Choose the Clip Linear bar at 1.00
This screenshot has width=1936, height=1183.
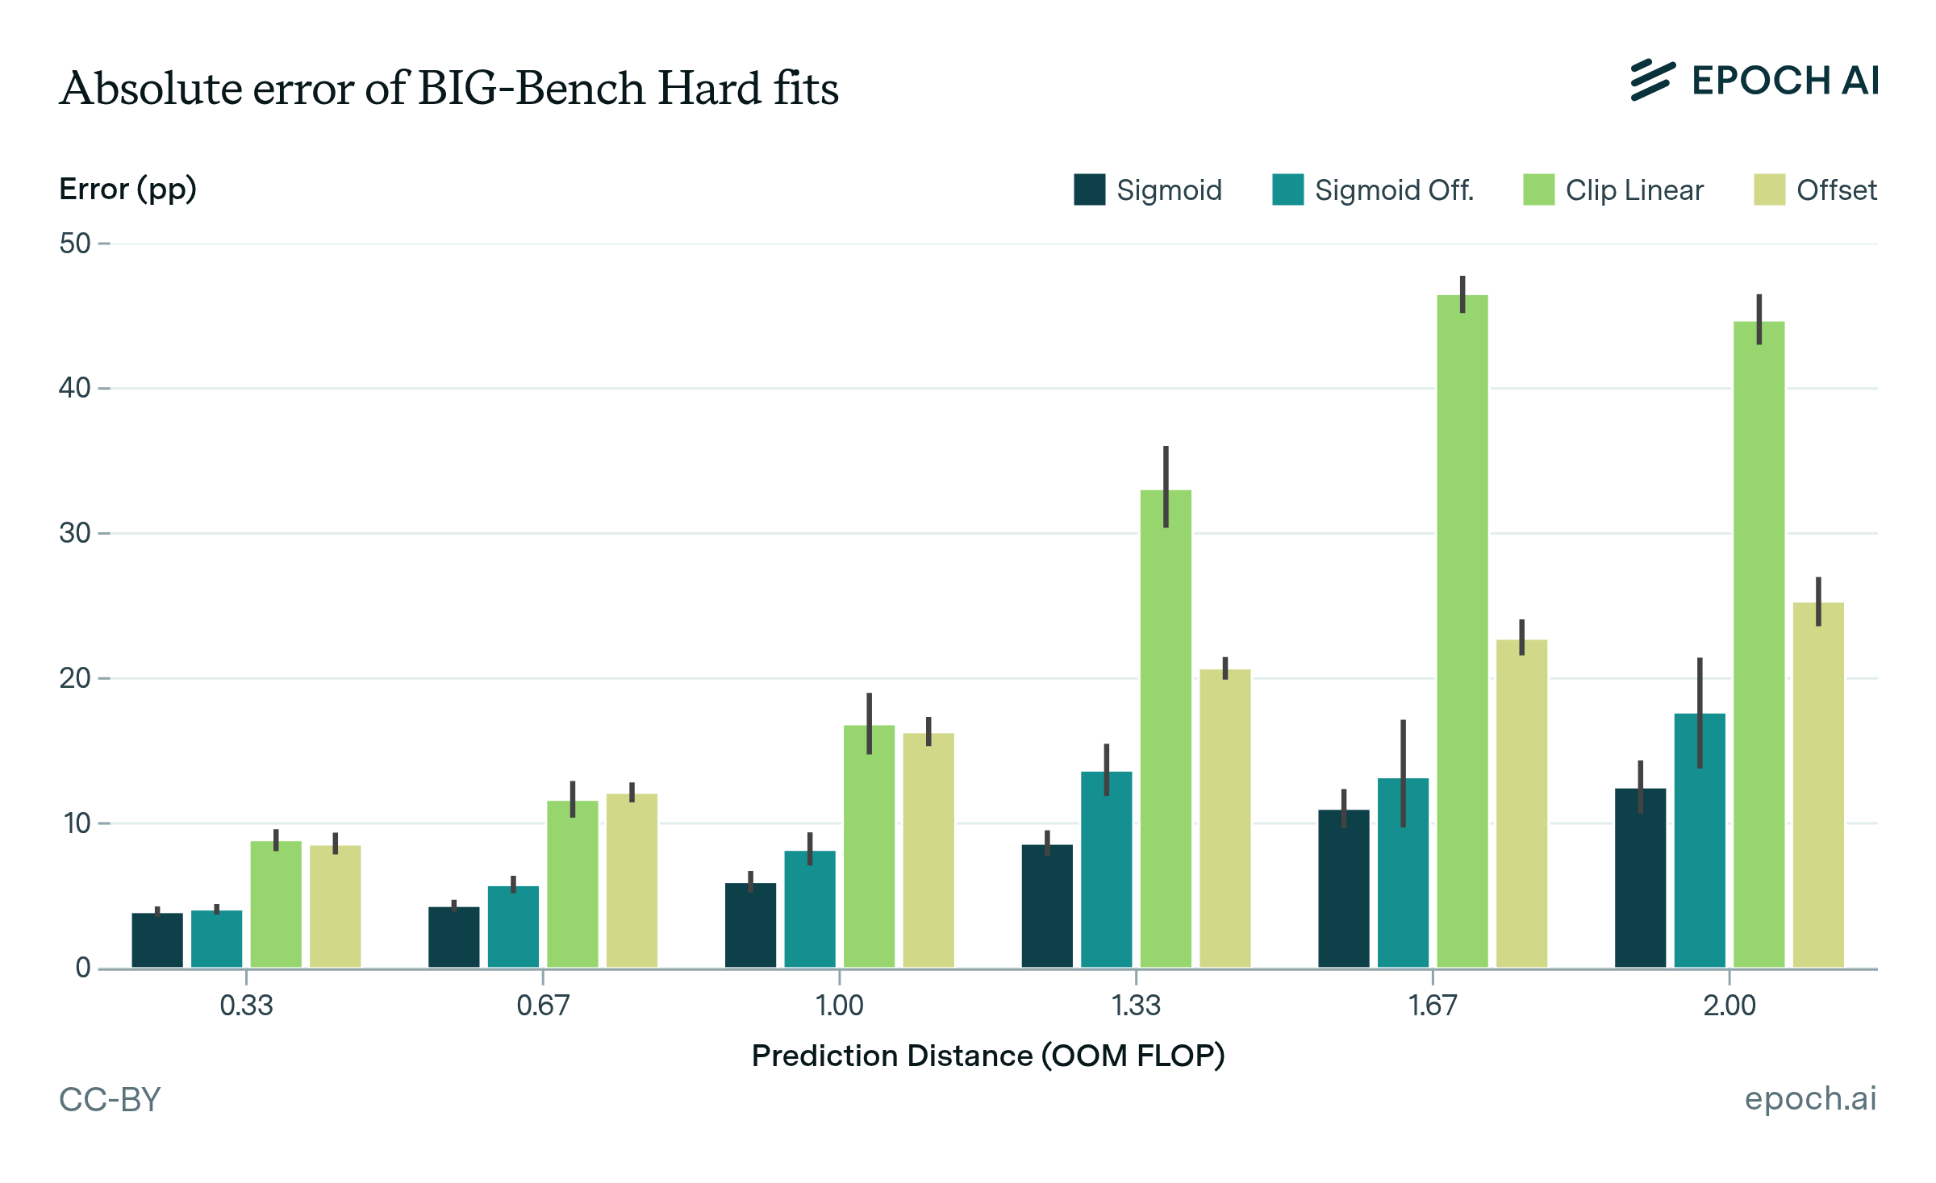click(869, 846)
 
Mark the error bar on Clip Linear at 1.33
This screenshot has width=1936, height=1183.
click(1166, 486)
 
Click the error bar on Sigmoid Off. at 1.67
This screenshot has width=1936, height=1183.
click(1403, 773)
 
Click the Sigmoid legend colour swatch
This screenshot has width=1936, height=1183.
click(1089, 190)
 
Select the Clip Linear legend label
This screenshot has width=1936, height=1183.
click(1634, 190)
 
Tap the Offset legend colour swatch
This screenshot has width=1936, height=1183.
click(1769, 190)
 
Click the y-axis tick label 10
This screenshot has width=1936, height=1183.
click(75, 823)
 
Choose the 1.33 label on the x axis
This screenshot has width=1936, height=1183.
click(1136, 1006)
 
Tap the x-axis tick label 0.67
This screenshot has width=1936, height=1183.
click(543, 1006)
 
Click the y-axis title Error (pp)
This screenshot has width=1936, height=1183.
click(128, 190)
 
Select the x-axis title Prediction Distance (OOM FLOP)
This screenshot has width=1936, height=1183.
click(988, 1056)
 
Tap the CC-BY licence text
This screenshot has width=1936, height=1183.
click(111, 1099)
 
